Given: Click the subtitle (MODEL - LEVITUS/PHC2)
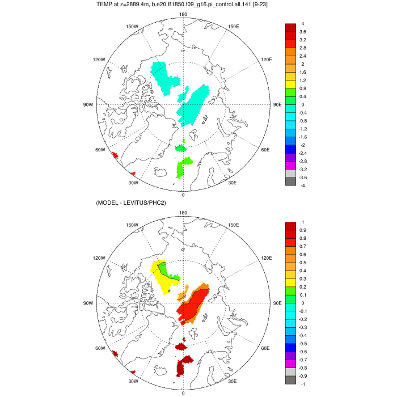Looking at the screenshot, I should click(135, 203).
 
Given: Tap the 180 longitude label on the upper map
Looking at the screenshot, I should click(183, 14).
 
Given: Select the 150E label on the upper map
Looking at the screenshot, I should click(233, 26).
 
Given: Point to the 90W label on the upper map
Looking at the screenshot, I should click(88, 105).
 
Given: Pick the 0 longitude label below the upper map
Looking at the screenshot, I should click(183, 195).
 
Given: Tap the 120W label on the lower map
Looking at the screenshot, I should click(99, 257).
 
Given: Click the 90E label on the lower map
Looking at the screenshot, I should click(277, 303).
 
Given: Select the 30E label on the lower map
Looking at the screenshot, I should click(232, 381).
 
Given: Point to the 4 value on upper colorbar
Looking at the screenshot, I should click(303, 24).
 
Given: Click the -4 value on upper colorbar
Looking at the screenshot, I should click(303, 185).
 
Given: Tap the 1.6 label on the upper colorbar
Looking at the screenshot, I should click(305, 73).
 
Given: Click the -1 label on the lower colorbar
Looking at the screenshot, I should click(303, 384).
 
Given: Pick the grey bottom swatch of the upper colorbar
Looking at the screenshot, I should click(290, 181).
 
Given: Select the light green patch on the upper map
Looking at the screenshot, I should click(183, 168).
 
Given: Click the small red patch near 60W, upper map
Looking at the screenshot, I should click(114, 155).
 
